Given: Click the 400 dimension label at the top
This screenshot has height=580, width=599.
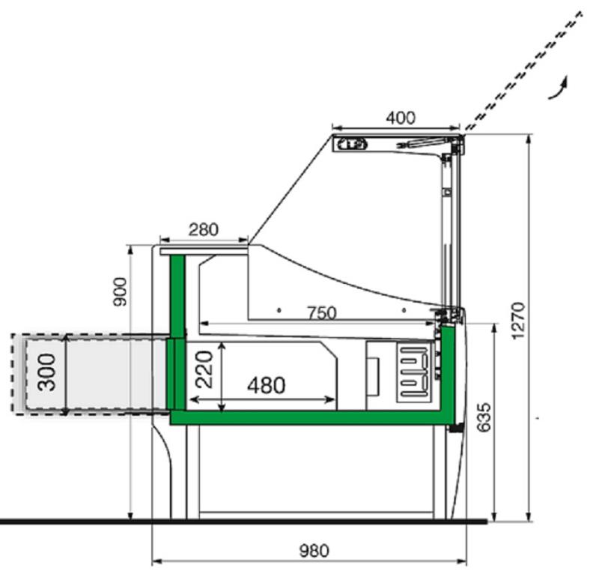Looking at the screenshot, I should point(401,118).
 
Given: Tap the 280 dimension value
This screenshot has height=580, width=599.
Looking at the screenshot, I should point(204,229).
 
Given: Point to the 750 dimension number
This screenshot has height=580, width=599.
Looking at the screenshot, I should point(321,313).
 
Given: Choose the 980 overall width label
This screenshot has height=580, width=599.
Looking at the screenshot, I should point(314,552).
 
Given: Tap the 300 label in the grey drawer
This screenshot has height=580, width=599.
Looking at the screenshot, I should point(46,372).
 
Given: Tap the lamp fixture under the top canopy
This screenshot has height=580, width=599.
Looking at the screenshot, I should point(352,143).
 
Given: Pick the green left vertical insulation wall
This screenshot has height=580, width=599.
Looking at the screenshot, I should point(177,330).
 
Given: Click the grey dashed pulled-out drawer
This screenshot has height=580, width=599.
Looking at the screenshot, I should point(90,373).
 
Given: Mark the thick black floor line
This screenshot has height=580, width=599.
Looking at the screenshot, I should point(240,521).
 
